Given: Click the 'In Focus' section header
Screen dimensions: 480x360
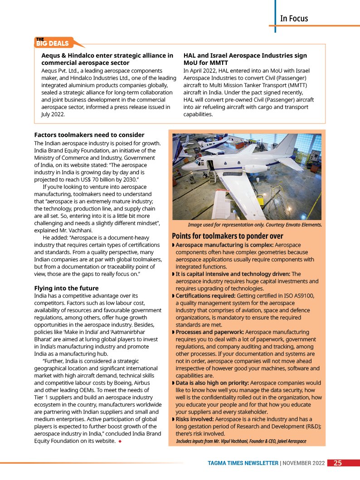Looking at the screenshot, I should point(294,19).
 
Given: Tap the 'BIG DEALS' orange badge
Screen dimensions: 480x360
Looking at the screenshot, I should point(53,44).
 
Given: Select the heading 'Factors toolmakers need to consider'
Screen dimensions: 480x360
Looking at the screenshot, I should point(89,135).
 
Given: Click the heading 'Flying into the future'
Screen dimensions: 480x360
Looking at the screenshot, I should point(66,288).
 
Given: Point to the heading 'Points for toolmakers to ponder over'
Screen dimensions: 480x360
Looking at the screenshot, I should point(228,236).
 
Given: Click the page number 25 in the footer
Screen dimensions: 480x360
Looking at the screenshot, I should point(338,463).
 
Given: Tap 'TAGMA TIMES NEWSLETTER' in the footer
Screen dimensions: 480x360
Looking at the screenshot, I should point(243,463).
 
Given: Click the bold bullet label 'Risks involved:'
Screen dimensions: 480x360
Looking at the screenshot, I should point(195,419).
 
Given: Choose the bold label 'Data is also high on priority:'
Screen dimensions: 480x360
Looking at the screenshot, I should point(212,383).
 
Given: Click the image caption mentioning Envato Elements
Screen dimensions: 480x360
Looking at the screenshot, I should point(255,225).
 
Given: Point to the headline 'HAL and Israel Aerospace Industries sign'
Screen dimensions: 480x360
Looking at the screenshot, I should point(245,55).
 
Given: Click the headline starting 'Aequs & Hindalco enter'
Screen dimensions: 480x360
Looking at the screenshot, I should point(107,55).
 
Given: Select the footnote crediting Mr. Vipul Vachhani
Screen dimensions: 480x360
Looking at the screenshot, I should point(241,441).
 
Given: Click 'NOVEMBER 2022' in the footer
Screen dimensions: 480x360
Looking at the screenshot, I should point(304,463).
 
